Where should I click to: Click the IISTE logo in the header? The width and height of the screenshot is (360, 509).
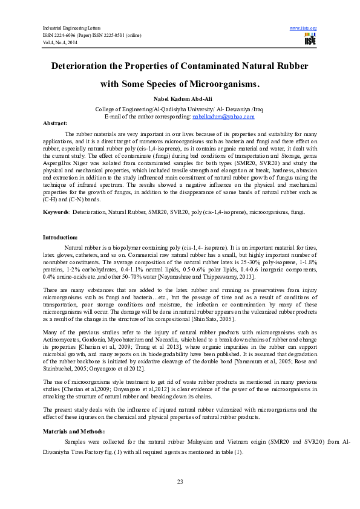[310, 38]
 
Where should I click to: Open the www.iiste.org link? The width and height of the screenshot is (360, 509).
[304, 28]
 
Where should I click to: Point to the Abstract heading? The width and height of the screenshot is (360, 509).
[54, 123]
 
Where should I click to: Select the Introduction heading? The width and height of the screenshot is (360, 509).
[60, 238]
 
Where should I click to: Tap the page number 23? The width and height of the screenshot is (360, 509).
[180, 481]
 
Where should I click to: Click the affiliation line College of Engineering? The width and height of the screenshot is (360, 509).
[180, 109]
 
